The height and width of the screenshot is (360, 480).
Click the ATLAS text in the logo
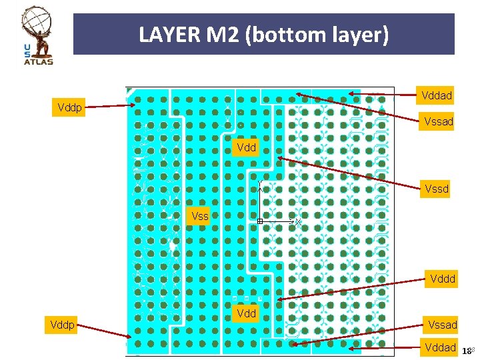click(x=38, y=61)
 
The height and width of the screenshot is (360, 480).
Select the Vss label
click(x=199, y=216)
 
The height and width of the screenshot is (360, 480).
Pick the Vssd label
click(x=437, y=189)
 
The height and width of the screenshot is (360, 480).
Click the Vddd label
click(x=443, y=279)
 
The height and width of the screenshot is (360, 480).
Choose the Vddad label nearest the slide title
click(x=437, y=96)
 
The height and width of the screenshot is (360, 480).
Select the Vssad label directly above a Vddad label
click(x=443, y=325)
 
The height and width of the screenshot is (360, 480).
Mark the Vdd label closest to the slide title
click(x=246, y=147)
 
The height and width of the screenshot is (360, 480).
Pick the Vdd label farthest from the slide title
click(x=246, y=313)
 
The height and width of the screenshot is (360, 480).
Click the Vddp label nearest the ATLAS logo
click(x=70, y=107)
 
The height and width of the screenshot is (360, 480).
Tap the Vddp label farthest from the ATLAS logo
click(x=63, y=325)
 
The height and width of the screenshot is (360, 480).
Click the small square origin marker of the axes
click(x=260, y=221)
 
